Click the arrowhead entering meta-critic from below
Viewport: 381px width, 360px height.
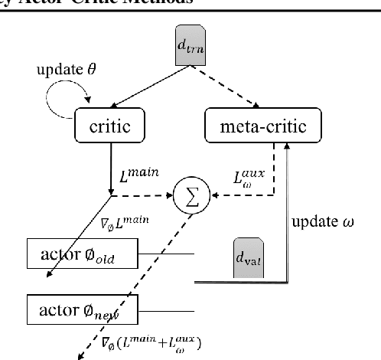[x=287, y=149]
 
